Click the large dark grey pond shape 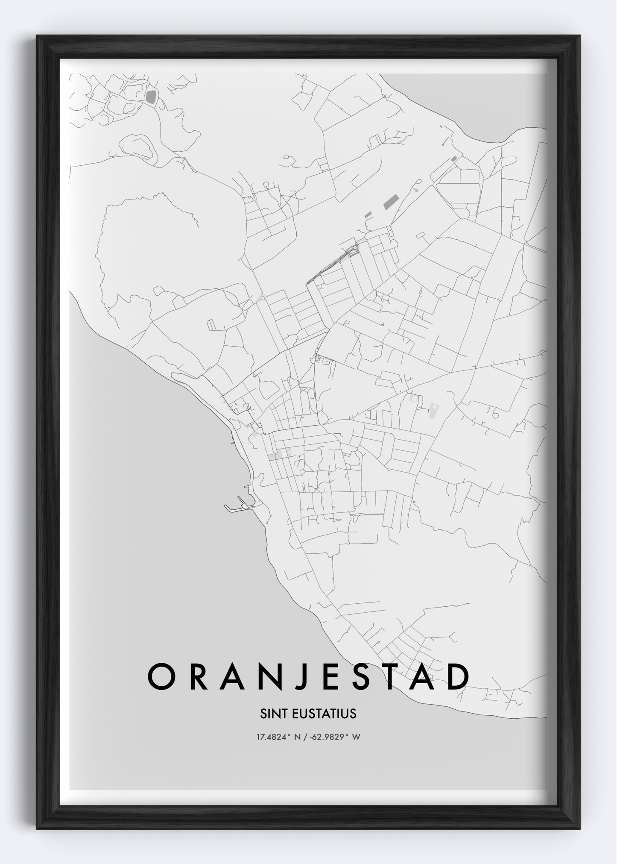click(151, 97)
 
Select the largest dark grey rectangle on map click(391, 202)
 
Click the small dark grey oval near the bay click(453, 159)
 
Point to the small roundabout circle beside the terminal click(355, 248)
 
